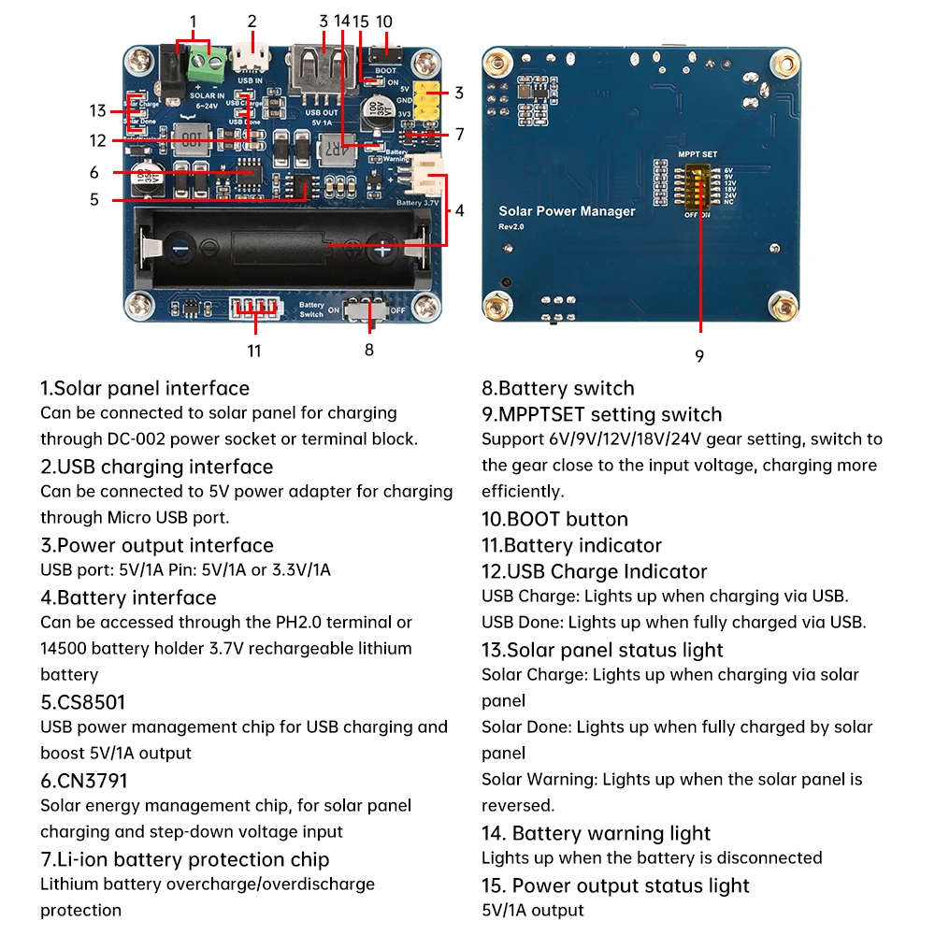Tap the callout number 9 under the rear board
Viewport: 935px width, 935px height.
tap(699, 356)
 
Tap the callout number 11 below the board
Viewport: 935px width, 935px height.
tap(254, 351)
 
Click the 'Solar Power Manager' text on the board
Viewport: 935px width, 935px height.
tap(567, 211)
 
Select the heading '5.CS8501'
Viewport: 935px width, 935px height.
tap(83, 702)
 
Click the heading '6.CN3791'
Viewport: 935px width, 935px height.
tap(84, 780)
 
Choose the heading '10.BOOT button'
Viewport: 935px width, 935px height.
tap(554, 519)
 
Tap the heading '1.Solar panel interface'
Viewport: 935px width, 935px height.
tap(145, 388)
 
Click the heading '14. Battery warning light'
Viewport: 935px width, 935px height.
tap(596, 833)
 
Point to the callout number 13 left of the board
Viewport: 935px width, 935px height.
tap(98, 110)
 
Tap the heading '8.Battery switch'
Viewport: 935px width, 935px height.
tap(557, 388)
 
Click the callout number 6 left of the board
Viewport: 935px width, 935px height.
tap(94, 172)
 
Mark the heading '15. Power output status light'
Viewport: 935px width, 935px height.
tap(615, 885)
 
